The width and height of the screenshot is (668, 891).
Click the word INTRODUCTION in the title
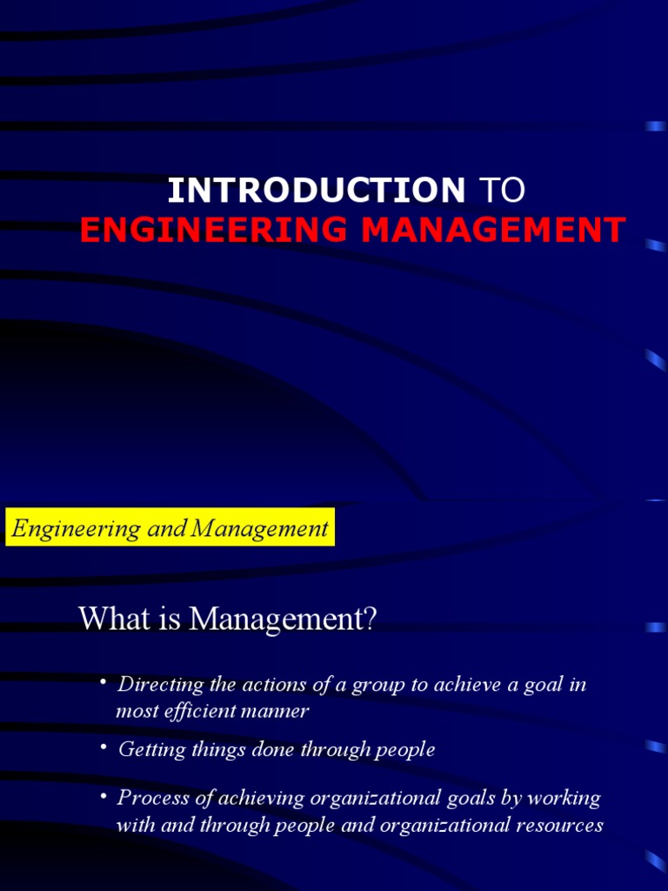click(316, 191)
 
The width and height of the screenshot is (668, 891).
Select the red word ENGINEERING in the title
click(214, 230)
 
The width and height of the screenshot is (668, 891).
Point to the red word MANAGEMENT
click(492, 230)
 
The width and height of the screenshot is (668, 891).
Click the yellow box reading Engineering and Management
click(170, 528)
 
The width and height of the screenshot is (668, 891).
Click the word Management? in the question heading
click(284, 620)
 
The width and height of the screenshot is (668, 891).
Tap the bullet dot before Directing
click(103, 681)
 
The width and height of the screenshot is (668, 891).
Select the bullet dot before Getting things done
click(103, 746)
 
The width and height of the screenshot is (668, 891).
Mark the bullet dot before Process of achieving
click(103, 795)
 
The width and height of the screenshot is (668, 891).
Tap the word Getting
click(147, 749)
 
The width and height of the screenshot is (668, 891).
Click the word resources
click(558, 825)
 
